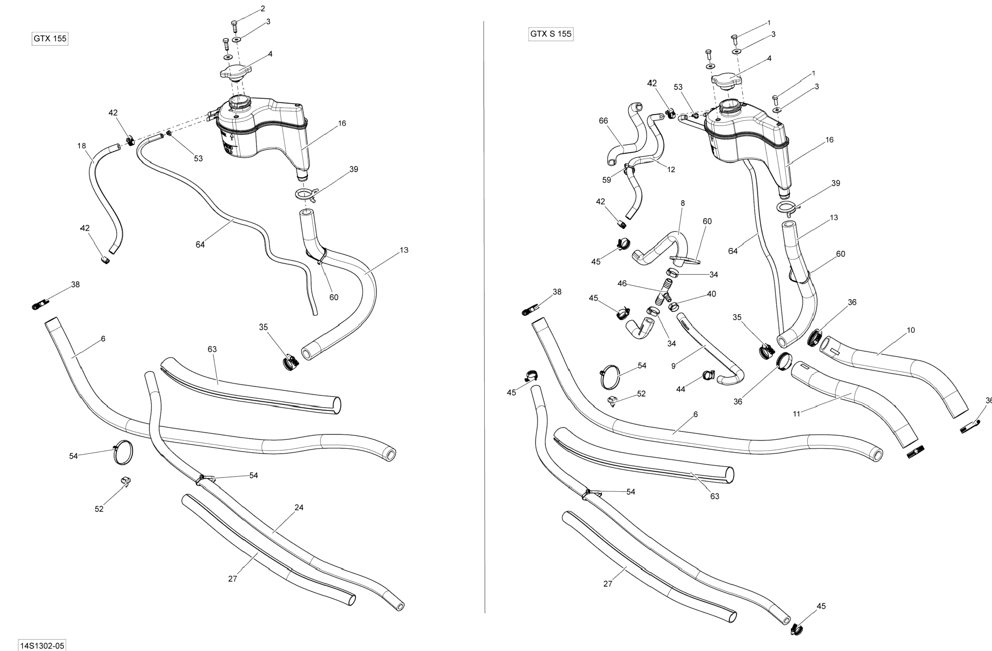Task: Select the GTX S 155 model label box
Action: [x=551, y=34]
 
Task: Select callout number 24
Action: [x=299, y=508]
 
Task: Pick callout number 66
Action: [x=603, y=121]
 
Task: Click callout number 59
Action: [x=606, y=180]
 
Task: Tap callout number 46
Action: [x=622, y=284]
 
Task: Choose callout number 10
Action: [x=911, y=330]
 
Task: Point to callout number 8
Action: [x=682, y=203]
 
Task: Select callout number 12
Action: [x=671, y=170]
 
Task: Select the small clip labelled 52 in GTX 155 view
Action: [x=125, y=480]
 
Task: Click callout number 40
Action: [x=711, y=294]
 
